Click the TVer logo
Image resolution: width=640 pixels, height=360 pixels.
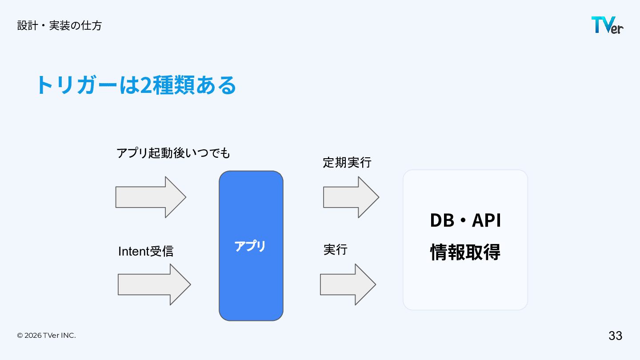(x=607, y=25)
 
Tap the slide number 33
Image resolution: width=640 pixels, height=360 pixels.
(x=615, y=336)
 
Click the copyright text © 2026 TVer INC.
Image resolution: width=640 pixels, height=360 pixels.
(x=46, y=336)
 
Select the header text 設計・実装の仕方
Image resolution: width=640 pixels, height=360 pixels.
(x=60, y=25)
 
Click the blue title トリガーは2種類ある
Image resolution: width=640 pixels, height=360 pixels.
(x=136, y=85)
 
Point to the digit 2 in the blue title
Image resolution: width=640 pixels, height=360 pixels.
(x=145, y=85)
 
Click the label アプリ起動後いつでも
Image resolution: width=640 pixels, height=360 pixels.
(x=173, y=153)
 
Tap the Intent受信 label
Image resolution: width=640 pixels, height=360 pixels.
(x=146, y=251)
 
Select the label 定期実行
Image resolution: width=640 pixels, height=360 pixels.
(x=347, y=163)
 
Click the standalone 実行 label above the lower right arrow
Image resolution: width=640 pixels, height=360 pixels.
(x=335, y=249)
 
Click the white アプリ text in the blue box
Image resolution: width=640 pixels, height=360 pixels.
(x=250, y=246)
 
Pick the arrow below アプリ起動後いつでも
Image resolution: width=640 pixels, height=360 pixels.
(x=151, y=197)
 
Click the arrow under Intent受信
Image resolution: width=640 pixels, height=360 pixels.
(x=154, y=284)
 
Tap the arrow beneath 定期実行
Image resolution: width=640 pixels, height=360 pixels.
(x=351, y=197)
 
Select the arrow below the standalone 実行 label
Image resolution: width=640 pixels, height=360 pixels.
(x=348, y=284)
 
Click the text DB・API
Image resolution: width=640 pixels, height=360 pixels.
(x=465, y=220)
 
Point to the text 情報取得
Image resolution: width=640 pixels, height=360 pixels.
(x=465, y=252)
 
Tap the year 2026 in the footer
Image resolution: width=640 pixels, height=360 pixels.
(x=33, y=336)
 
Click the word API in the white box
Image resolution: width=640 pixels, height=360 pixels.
(x=486, y=220)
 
